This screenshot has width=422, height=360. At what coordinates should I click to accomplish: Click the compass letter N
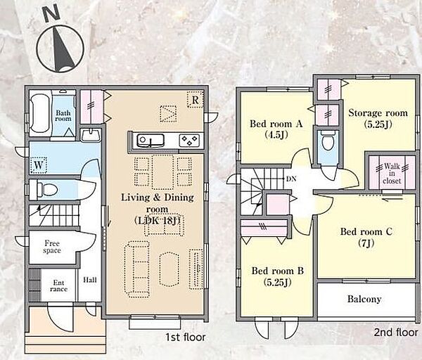(x=52, y=13)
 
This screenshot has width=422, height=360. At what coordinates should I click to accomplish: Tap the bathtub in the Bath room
(x=40, y=113)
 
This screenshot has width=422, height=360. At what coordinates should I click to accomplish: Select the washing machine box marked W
(x=39, y=165)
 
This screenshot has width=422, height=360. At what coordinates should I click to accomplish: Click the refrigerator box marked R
(x=195, y=100)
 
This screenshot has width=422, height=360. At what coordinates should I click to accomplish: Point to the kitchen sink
(x=151, y=141)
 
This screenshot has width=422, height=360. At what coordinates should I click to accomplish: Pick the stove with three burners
(x=189, y=141)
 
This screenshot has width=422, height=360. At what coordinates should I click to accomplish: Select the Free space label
(x=52, y=247)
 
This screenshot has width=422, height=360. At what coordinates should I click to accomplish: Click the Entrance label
(x=58, y=285)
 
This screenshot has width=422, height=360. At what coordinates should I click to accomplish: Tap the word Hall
(x=89, y=280)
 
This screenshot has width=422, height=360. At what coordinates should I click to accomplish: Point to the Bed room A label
(x=276, y=129)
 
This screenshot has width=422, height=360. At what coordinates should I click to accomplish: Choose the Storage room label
(x=378, y=118)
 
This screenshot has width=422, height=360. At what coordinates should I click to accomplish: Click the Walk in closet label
(x=392, y=173)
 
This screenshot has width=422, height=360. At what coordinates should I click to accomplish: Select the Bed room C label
(x=366, y=237)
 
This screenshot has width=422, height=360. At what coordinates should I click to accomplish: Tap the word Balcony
(x=364, y=299)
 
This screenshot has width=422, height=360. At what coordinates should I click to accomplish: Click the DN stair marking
(x=291, y=179)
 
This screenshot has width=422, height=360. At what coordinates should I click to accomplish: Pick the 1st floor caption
(x=185, y=337)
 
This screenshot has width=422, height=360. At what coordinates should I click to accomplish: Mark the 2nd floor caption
(x=396, y=333)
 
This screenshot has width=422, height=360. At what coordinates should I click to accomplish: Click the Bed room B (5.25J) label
(x=278, y=276)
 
